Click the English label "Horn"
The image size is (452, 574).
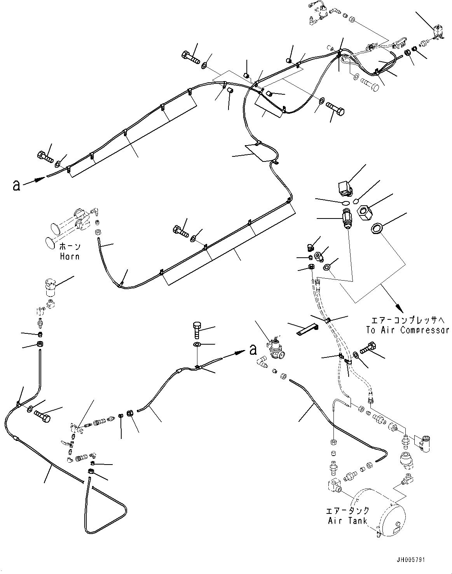click(x=70, y=256)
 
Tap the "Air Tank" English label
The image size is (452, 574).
click(x=348, y=520)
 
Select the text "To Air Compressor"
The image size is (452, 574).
click(x=407, y=330)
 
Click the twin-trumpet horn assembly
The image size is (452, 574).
click(x=70, y=225)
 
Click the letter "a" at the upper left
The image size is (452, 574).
click(x=16, y=186)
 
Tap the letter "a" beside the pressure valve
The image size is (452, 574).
click(x=253, y=350)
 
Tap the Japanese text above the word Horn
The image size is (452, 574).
click(x=70, y=246)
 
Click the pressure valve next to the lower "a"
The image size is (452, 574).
click(x=275, y=347)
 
